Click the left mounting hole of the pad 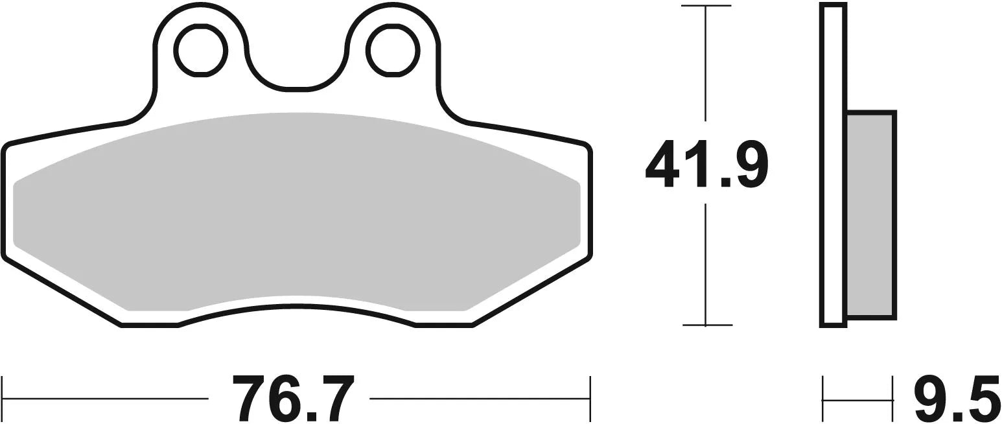200,51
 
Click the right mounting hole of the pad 393,51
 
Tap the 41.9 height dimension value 706,163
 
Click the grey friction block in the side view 871,214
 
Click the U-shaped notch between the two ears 296,65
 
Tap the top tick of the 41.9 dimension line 706,6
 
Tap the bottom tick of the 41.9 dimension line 706,324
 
